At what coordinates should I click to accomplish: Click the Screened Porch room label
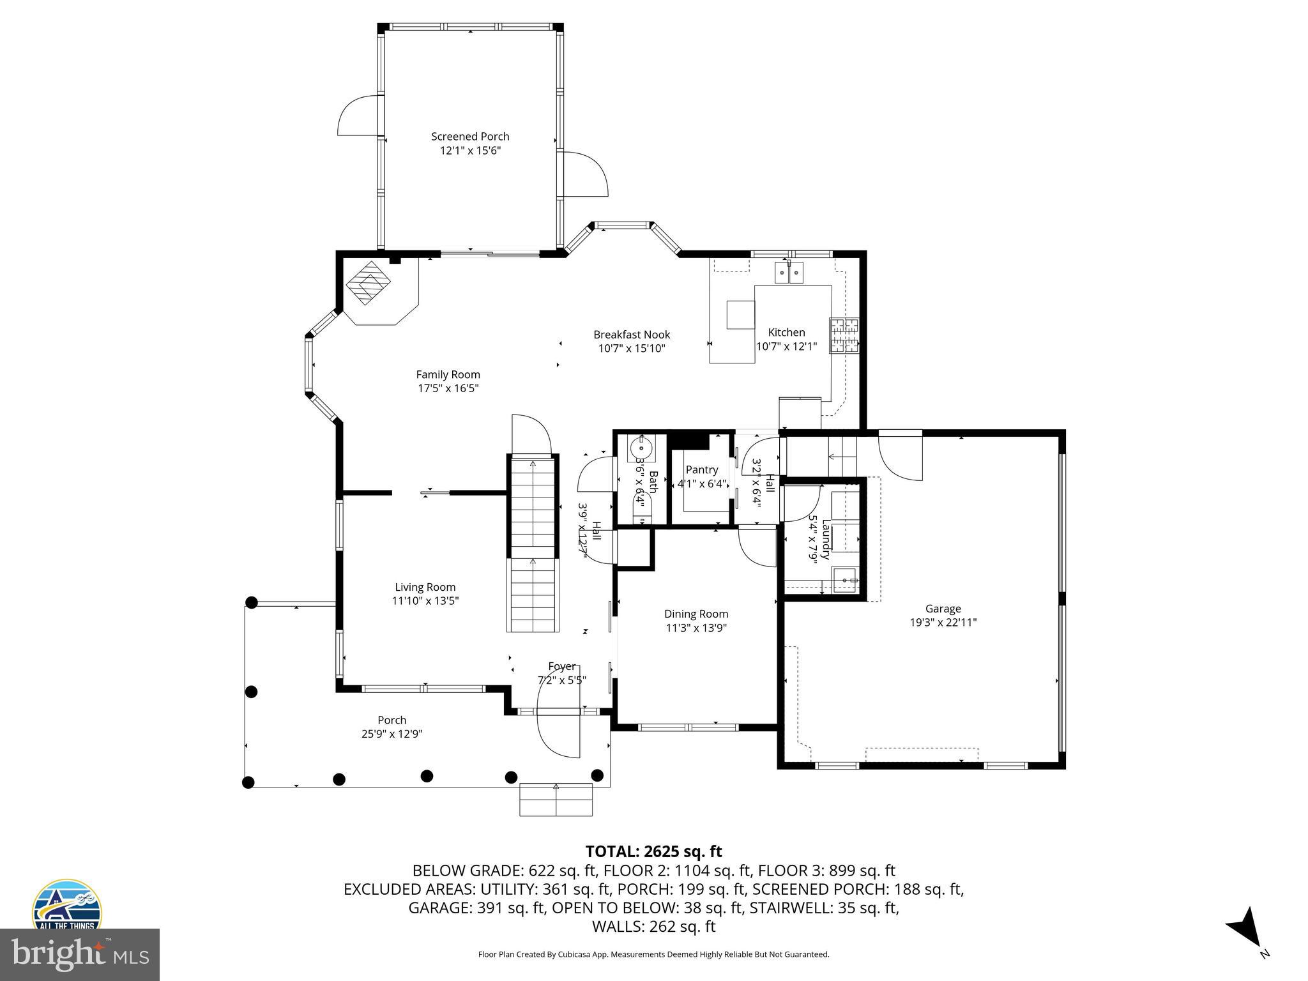[470, 136]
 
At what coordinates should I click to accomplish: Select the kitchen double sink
[789, 273]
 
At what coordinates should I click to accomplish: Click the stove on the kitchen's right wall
[844, 335]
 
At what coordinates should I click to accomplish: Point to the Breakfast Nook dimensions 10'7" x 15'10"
[632, 349]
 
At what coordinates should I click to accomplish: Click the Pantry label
[702, 469]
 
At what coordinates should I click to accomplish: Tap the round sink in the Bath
[641, 448]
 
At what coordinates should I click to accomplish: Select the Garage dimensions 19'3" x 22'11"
[943, 623]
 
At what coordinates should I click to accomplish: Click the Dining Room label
[696, 614]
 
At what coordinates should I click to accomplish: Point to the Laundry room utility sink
[846, 580]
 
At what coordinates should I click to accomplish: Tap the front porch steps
[556, 799]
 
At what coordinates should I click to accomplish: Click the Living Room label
[425, 587]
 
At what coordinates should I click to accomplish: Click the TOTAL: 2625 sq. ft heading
[653, 851]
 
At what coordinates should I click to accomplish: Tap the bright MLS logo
[80, 955]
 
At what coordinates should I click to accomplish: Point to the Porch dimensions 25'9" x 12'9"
[392, 734]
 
